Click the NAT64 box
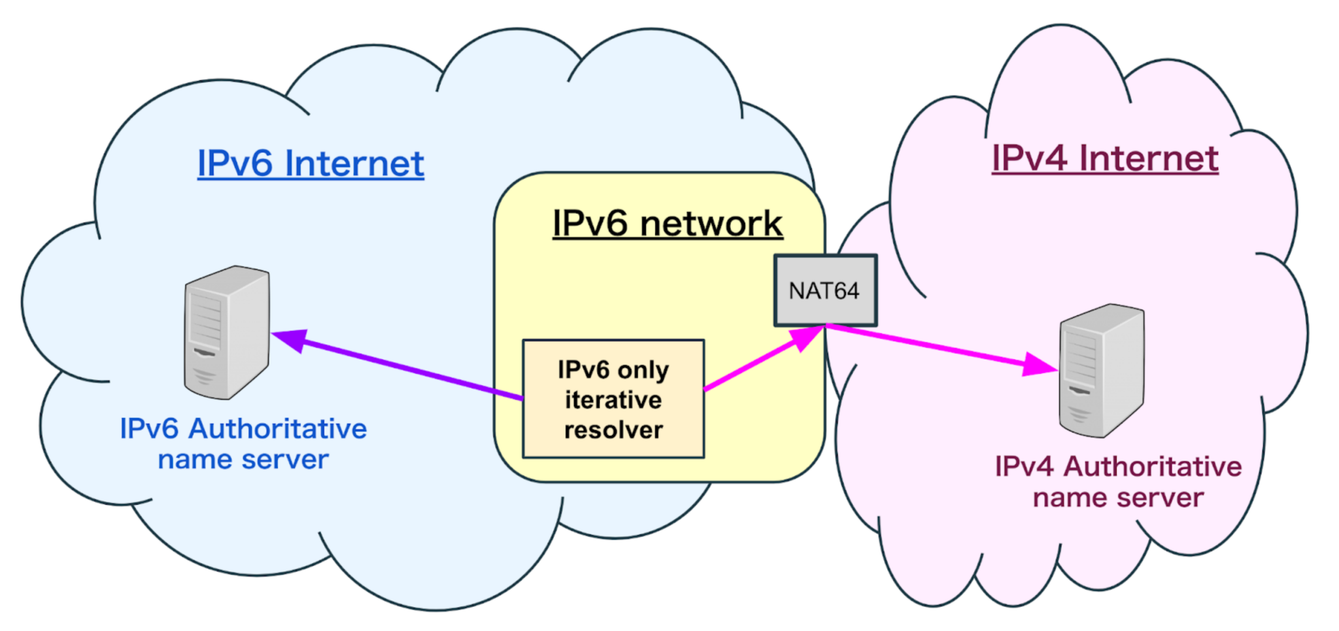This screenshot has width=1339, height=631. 825,290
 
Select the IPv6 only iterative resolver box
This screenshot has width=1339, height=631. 613,399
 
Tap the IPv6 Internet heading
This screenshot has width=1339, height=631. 311,163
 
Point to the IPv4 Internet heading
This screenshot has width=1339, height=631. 1105,158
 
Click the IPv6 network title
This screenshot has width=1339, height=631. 668,224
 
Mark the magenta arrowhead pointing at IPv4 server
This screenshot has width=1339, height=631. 1040,365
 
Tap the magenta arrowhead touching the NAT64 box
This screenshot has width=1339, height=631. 805,338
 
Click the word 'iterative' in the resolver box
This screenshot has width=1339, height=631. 613,400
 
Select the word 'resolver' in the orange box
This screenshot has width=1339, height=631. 613,430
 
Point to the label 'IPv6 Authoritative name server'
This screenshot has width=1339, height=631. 243,444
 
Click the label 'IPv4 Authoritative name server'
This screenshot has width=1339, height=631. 1118,482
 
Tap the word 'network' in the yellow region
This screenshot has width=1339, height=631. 711,224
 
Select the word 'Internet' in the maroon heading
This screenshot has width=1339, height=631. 1149,158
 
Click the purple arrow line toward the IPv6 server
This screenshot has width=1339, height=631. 405,367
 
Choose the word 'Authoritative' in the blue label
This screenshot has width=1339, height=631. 278,429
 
